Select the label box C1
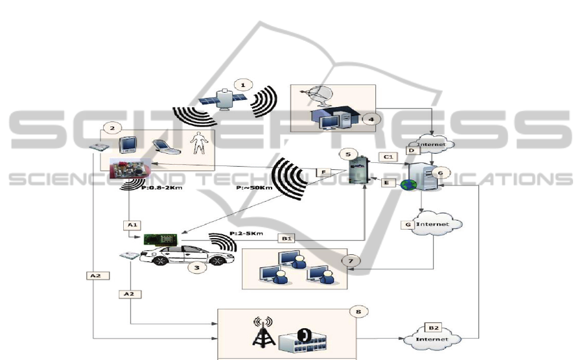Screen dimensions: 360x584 [x=390, y=157]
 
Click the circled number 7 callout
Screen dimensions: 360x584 [x=351, y=260]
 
